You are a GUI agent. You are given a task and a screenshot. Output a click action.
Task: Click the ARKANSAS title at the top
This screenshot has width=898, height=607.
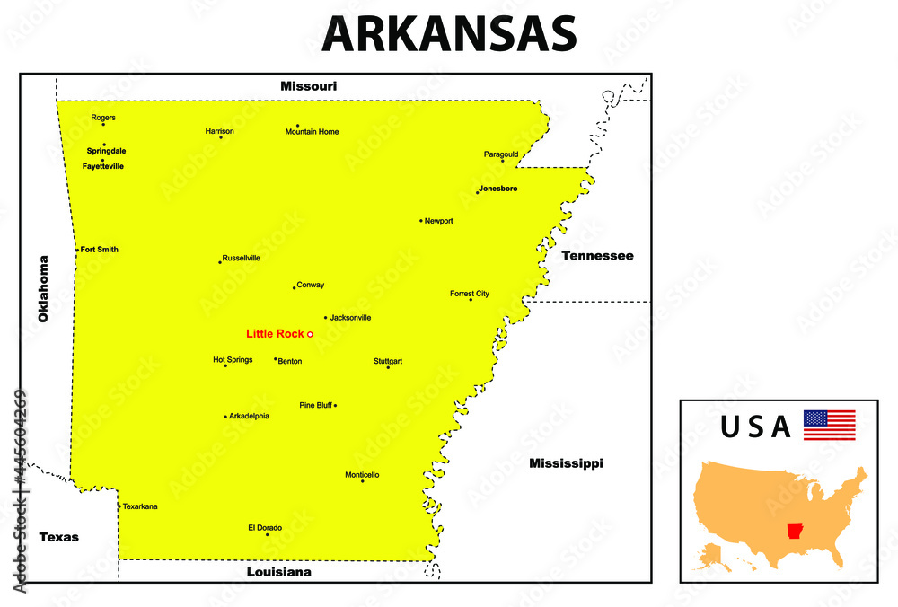pos(449,34)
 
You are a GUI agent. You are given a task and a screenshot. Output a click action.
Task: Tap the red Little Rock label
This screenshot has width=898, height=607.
pos(275,334)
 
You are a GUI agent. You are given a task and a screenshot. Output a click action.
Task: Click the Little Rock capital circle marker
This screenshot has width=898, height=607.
pos(310,334)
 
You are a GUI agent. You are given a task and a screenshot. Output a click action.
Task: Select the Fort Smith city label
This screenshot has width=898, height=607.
pos(99,250)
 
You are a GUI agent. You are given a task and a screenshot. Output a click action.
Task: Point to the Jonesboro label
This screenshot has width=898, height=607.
pos(498,189)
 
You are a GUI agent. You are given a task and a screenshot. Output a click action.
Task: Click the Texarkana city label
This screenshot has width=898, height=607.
pos(140,506)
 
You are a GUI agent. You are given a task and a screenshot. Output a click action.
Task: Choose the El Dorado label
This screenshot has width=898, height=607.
pos(265,527)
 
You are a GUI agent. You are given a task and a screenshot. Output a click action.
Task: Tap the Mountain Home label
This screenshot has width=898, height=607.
pos(312,132)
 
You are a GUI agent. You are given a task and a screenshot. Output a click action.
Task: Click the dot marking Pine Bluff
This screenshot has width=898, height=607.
pos(335,406)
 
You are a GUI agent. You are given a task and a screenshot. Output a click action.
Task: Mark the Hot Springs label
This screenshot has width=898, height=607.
pos(233,359)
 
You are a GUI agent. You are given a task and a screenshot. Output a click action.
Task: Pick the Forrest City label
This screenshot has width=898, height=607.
pos(470,293)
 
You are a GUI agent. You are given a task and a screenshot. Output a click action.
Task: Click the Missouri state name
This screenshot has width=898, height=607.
pos(308,86)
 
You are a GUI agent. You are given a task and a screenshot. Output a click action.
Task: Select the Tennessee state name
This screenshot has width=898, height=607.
pos(597,256)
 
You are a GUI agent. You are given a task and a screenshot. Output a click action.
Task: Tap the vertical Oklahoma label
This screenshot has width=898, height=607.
pos(42,288)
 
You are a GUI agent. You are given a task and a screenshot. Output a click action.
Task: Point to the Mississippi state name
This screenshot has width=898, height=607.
pos(566,463)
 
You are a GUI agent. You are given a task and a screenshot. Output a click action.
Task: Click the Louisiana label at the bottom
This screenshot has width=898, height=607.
pos(279,571)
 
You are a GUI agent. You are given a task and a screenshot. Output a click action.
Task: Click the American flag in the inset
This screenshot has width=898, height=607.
pos(829,425)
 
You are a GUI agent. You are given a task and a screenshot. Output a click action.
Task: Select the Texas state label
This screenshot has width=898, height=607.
pos(58,537)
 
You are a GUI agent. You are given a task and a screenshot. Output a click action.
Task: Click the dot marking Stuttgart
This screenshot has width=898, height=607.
pos(388,367)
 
